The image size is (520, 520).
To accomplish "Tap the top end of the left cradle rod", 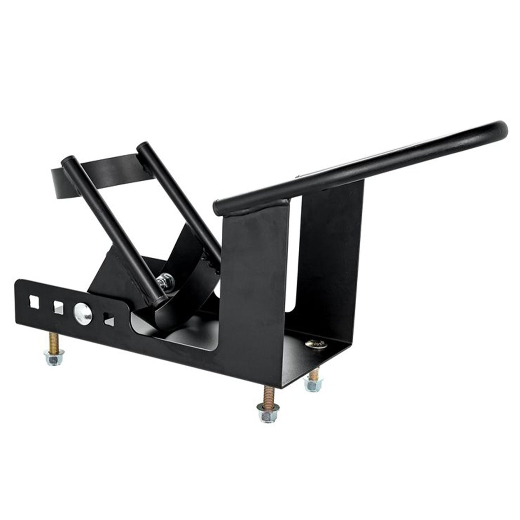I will pos(68,161).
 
